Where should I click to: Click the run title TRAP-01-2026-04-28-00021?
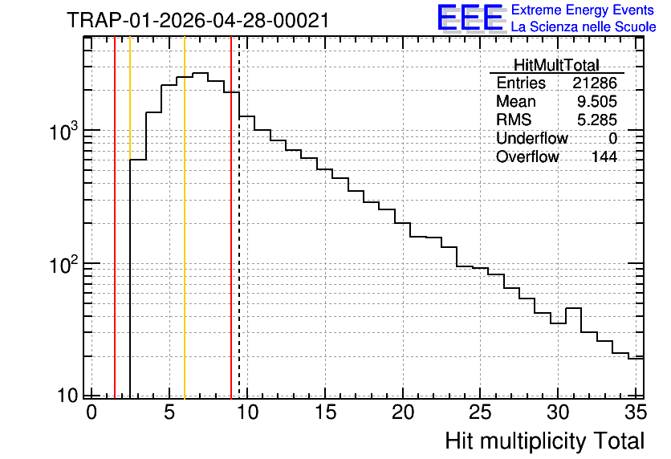click(198, 21)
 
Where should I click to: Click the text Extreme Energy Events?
click(583, 10)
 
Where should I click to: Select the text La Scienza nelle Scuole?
click(584, 27)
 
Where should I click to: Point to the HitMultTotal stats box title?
click(556, 65)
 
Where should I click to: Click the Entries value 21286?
click(595, 83)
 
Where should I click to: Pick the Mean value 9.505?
click(597, 101)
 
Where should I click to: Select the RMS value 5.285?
click(597, 120)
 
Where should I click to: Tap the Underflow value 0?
click(612, 139)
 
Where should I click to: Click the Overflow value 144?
click(604, 157)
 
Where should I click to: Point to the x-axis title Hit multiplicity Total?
click(545, 441)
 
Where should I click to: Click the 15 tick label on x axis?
click(325, 412)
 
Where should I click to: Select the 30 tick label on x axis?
click(558, 412)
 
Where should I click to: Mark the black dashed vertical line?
click(239, 217)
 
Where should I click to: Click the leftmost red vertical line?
click(115, 217)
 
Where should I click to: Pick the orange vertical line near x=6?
click(185, 217)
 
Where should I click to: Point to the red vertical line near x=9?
click(231, 217)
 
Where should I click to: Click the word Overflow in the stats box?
click(527, 157)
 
